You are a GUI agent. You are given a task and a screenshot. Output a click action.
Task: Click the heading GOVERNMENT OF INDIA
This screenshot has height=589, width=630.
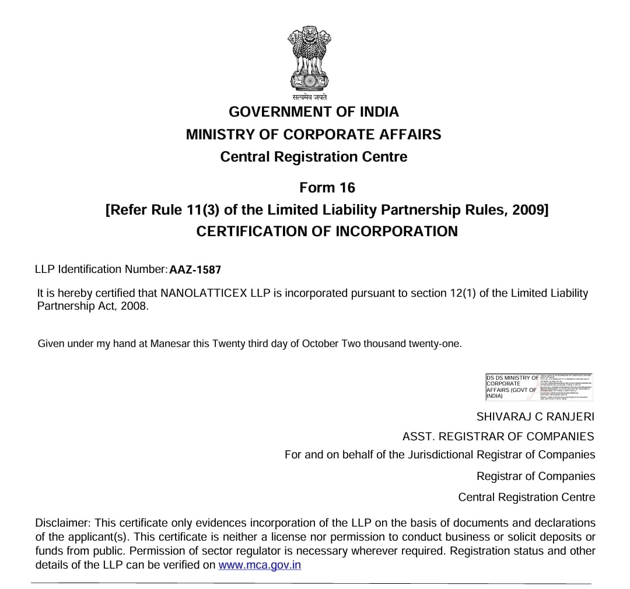pos(314,112)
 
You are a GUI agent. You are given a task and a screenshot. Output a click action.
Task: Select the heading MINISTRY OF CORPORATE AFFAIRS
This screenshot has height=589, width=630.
pos(314,135)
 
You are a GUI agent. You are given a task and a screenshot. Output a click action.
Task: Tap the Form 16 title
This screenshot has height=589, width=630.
pos(327,188)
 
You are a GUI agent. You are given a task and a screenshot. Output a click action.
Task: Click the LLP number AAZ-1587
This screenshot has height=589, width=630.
pos(195,270)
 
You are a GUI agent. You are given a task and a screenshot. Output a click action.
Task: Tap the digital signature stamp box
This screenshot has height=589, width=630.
pos(539,387)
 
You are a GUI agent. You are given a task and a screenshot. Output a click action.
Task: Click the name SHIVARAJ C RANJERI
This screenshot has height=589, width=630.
pos(535,417)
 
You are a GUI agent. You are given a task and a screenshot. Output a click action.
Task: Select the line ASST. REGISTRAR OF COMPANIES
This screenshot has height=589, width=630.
pos(498,436)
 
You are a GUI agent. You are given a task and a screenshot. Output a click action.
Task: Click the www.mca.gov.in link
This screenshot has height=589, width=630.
pos(260,565)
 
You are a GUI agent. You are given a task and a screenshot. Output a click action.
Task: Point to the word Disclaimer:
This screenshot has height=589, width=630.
pos(62,523)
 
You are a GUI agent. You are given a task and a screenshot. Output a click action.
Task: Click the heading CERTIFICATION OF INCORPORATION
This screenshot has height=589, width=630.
pos(327,232)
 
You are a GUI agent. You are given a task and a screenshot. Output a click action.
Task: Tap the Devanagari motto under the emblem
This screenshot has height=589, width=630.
pos(310,97)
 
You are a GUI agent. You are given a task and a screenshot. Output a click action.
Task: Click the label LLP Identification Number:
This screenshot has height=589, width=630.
pos(101,269)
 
